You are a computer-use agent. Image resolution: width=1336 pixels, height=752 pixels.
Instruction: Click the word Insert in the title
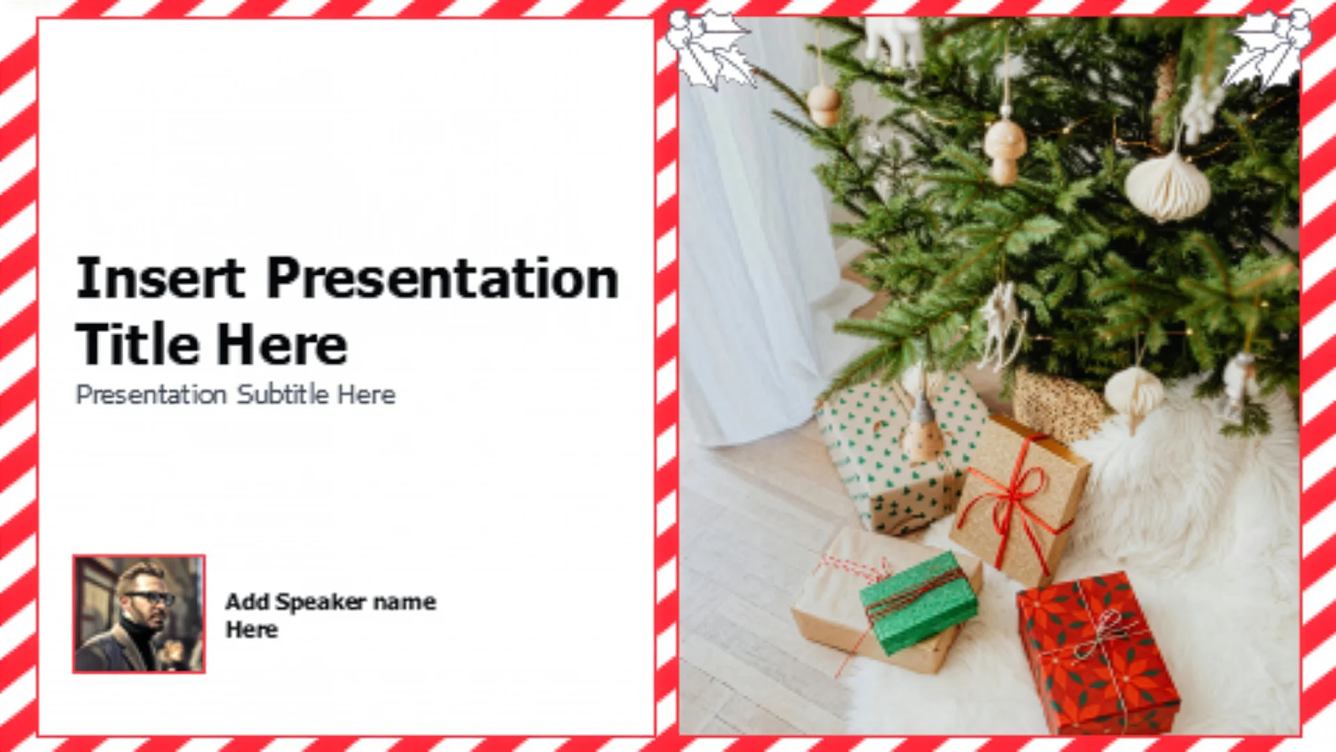[161, 278]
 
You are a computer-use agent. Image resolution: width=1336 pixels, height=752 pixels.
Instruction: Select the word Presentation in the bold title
[443, 278]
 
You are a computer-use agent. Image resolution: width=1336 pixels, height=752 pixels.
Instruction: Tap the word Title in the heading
[138, 344]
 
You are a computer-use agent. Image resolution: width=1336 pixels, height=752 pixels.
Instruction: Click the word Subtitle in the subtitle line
[283, 394]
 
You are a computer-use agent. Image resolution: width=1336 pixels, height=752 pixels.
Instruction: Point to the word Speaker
[320, 602]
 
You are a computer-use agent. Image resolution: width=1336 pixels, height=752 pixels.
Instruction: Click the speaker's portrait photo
[139, 614]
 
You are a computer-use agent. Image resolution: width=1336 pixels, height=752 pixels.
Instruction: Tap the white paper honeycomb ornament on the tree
[1168, 185]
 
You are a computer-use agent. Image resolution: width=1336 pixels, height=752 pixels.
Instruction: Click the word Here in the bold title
[281, 344]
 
